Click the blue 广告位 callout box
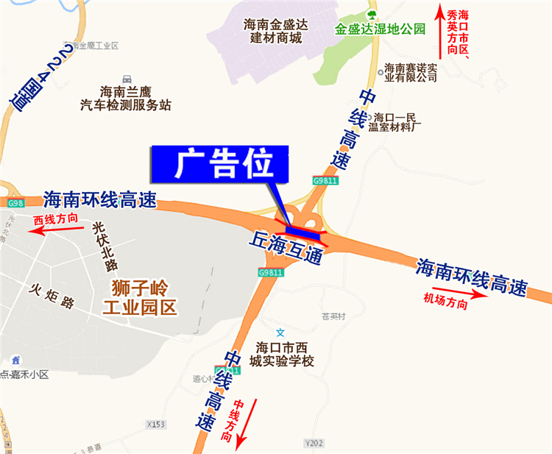click(221, 165)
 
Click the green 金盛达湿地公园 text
click(381, 30)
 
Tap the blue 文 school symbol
click(280, 333)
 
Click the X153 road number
click(157, 425)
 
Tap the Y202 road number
click(314, 443)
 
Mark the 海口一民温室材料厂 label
click(395, 121)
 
